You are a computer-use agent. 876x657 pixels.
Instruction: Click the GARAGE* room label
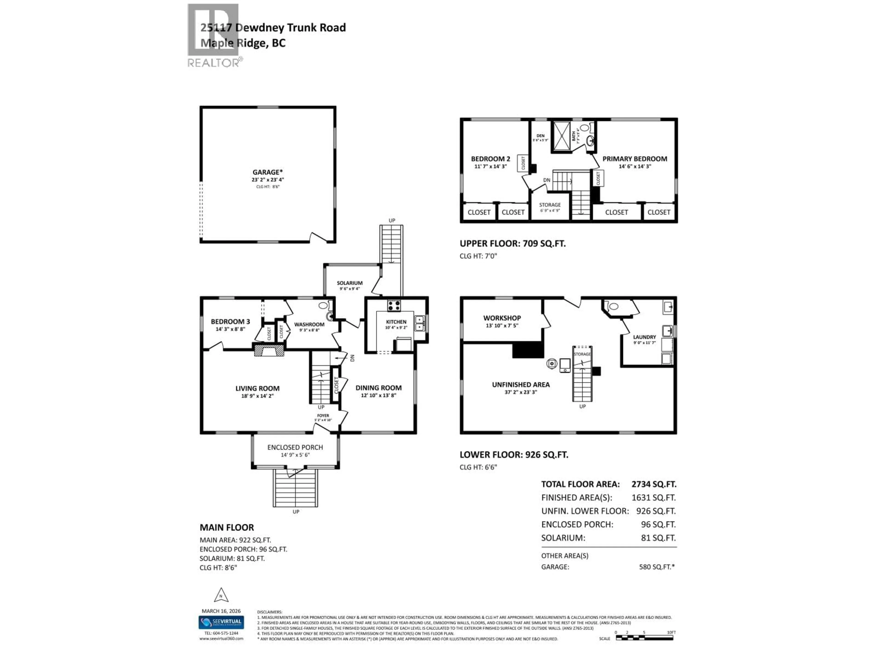[268, 172]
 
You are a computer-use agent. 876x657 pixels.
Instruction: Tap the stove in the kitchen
[394, 306]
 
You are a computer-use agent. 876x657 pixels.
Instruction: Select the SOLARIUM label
[350, 283]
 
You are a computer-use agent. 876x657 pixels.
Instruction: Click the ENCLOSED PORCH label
[295, 447]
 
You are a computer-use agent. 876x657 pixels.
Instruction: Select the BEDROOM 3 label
[230, 322]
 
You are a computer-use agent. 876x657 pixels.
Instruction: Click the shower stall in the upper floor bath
[562, 136]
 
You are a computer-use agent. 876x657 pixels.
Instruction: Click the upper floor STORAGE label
[550, 205]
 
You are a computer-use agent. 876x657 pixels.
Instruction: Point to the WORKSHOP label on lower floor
[502, 318]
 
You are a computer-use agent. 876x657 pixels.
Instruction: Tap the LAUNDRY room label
[644, 337]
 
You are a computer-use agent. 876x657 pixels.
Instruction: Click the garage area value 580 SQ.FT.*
[656, 567]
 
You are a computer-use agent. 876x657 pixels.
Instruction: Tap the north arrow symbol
[221, 595]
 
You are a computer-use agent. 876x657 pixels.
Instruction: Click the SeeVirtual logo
[221, 622]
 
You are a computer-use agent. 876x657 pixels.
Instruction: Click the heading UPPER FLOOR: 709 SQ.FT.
[512, 244]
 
